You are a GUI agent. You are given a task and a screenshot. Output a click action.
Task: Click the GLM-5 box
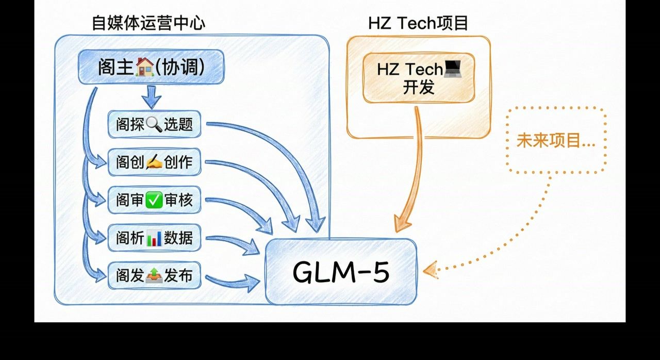pyautogui.click(x=341, y=271)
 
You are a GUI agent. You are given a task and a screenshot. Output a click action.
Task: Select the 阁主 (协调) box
pyautogui.click(x=151, y=67)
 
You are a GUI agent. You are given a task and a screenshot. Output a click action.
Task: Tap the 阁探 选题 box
pyautogui.click(x=154, y=124)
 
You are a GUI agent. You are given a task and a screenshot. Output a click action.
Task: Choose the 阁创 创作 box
pyautogui.click(x=154, y=162)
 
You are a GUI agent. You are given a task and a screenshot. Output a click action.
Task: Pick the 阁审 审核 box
pyautogui.click(x=154, y=200)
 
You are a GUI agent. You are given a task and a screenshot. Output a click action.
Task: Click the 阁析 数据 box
pyautogui.click(x=154, y=238)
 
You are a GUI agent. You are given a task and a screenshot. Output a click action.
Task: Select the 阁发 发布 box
pyautogui.click(x=154, y=275)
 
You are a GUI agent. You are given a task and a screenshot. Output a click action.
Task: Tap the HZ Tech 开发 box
pyautogui.click(x=419, y=78)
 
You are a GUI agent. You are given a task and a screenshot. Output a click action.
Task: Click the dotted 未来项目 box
pyautogui.click(x=556, y=140)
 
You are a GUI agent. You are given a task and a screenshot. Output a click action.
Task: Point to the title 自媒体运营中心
pyautogui.click(x=148, y=23)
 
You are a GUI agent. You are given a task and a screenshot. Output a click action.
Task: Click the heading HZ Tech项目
pyautogui.click(x=418, y=23)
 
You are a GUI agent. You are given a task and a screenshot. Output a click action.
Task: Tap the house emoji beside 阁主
pyautogui.click(x=144, y=67)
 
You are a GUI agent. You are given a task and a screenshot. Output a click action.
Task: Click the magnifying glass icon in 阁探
pyautogui.click(x=154, y=124)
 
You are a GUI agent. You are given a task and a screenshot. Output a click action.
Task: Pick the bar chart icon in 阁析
pyautogui.click(x=154, y=238)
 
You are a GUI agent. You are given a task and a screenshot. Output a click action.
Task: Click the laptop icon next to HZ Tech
pyautogui.click(x=452, y=69)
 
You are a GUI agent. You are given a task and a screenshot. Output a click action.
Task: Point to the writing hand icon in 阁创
pyautogui.click(x=154, y=162)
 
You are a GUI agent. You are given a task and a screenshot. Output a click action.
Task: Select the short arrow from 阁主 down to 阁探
pyautogui.click(x=151, y=97)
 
